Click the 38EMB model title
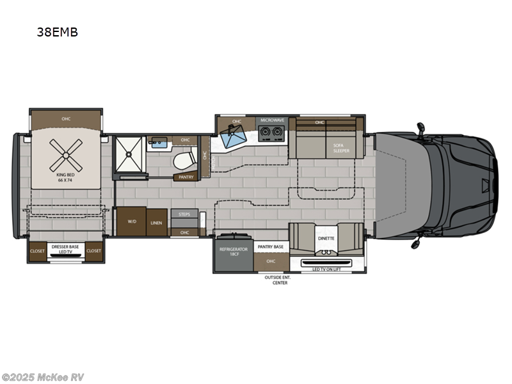click(x=57, y=32)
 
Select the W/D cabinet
click(x=132, y=221)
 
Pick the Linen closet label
click(x=156, y=222)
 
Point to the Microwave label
click(x=271, y=120)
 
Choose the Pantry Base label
click(x=270, y=246)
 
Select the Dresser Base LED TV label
click(x=66, y=253)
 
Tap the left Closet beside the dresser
click(x=37, y=251)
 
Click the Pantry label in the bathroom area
click(x=186, y=177)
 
